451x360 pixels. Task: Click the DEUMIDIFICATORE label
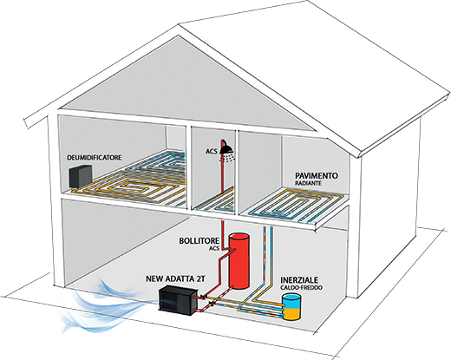(x=95, y=158)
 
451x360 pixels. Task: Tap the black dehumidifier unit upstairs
(x=81, y=176)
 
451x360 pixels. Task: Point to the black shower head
(x=227, y=149)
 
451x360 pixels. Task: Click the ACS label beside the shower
(x=212, y=151)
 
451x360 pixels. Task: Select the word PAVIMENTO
(x=317, y=175)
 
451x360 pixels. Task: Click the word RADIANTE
(x=308, y=183)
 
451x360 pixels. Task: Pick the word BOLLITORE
(x=199, y=241)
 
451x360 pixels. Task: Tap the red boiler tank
(x=239, y=261)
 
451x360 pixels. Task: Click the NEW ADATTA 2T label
(x=175, y=278)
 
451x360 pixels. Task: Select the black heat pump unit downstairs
(x=179, y=300)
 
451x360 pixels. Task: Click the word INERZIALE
(x=299, y=280)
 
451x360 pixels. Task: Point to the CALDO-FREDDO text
(x=301, y=288)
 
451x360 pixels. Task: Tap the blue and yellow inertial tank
(x=291, y=306)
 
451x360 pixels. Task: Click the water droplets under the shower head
(x=228, y=158)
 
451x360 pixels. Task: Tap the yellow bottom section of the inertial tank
(x=291, y=314)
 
